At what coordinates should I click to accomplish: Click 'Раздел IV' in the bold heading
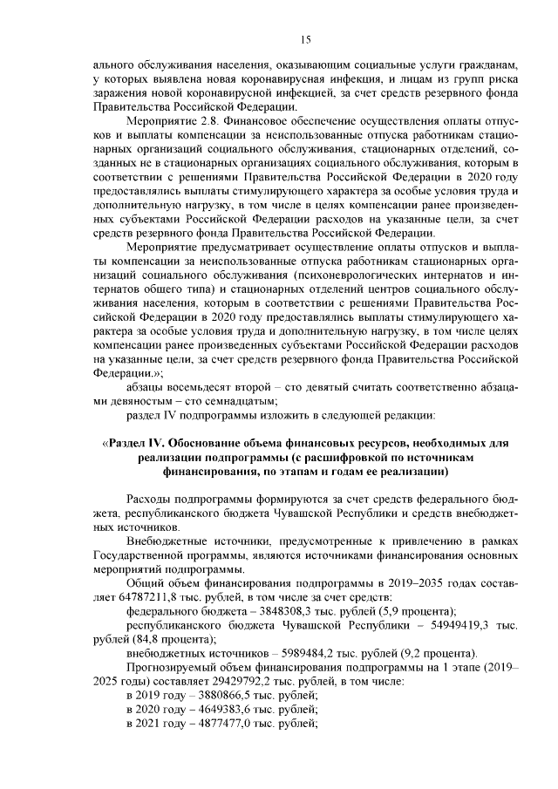pos(140,444)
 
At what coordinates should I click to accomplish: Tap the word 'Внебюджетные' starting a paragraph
pos(167,541)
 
